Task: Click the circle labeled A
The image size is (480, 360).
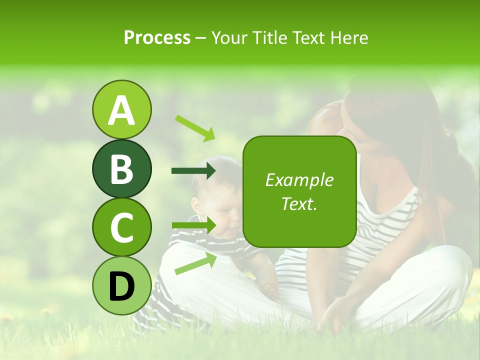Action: pos(121,109)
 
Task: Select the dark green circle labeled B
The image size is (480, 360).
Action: pos(121,168)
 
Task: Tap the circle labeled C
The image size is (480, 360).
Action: pos(121,227)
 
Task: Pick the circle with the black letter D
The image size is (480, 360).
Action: pos(121,285)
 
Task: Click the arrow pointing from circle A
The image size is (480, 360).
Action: pos(195,128)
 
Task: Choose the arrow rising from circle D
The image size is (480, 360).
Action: pos(195,264)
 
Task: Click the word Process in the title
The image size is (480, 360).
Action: pos(157,37)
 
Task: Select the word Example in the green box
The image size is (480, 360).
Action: pos(299,180)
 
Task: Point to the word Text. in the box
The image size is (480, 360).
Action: pos(299,204)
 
